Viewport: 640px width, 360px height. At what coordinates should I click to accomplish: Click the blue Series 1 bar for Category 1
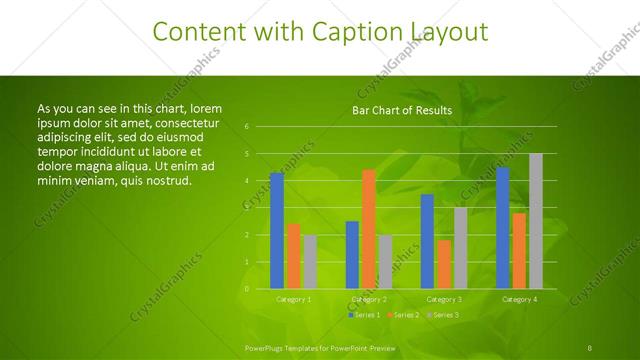277,231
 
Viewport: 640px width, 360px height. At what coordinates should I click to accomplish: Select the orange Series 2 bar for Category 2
369,229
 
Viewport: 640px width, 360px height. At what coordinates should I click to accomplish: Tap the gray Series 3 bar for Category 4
535,221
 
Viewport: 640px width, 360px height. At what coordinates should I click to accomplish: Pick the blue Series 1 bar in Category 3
427,241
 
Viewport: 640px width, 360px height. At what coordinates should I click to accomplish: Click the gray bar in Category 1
310,262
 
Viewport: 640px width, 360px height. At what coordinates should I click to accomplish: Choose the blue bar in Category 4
502,228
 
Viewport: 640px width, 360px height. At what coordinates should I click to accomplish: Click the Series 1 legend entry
364,315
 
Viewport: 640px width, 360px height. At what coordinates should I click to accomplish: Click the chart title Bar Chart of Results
402,110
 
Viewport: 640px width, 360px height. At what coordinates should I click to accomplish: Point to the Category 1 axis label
293,299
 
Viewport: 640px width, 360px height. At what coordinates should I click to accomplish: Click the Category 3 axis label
444,299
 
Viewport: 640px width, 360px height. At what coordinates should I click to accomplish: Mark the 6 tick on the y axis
246,127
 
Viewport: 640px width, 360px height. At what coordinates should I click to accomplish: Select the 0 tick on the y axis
246,289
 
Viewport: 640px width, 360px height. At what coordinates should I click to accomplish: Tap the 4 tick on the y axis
246,181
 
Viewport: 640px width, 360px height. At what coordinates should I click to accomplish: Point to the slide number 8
591,347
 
